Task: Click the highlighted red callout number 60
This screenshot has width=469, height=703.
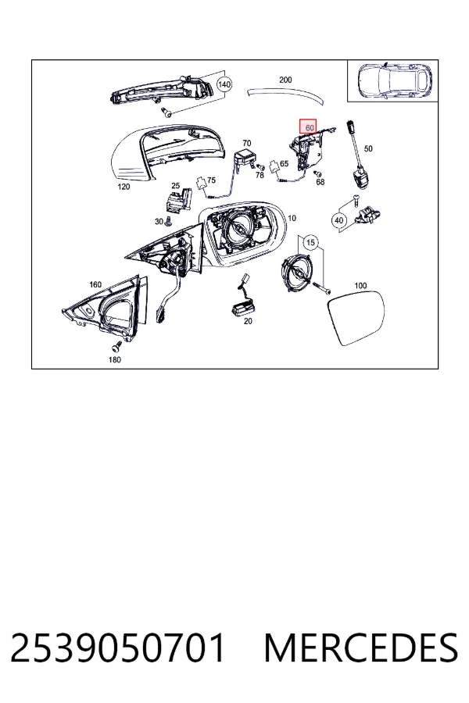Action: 309,127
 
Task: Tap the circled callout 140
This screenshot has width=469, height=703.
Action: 224,84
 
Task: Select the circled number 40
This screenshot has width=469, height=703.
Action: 338,220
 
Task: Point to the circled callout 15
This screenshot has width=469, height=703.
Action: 310,243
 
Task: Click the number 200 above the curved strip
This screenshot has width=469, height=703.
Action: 285,80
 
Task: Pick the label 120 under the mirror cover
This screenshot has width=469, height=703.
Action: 124,187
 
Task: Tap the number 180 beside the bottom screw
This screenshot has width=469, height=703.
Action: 114,359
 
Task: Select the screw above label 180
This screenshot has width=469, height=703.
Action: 116,347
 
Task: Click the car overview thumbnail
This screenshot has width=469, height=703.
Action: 392,80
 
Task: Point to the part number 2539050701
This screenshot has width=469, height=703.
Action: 118,648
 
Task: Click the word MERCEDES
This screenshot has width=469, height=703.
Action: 361,648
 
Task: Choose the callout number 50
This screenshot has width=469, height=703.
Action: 368,148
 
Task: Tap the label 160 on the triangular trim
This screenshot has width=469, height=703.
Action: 95,284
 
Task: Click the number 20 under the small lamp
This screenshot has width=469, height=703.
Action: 248,321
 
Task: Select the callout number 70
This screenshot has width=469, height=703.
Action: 247,143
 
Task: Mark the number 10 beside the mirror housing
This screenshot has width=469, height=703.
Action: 292,219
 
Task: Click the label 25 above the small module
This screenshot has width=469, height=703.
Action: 175,186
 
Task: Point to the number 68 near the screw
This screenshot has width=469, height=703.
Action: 320,182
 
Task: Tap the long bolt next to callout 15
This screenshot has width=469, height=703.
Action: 322,287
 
